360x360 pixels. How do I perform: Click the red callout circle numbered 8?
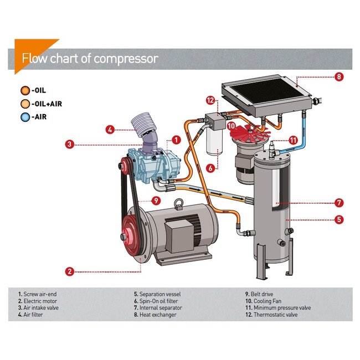pos(339,77)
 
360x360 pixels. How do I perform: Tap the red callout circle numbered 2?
pos(70,271)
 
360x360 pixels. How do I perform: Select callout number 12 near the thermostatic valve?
pos(210,100)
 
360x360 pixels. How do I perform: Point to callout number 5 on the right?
pos(339,219)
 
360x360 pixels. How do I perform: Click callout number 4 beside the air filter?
pos(111,130)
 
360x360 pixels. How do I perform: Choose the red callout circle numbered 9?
pos(157,200)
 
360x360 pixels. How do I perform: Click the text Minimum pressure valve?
pos(282,307)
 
